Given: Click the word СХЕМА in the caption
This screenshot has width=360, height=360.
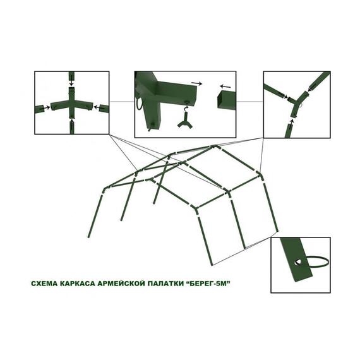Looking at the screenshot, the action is pyautogui.click(x=44, y=284).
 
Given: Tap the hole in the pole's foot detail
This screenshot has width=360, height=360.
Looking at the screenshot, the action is pyautogui.click(x=299, y=261).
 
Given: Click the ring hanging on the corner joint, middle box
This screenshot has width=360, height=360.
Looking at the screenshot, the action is pyautogui.click(x=138, y=104).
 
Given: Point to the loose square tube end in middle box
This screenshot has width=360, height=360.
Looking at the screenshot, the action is pyautogui.click(x=226, y=100).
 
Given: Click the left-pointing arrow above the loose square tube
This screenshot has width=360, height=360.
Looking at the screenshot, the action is pyautogui.click(x=225, y=87).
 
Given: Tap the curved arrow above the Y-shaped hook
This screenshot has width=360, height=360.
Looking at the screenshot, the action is pyautogui.click(x=186, y=107).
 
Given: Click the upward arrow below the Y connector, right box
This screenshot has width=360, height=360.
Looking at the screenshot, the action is pyautogui.click(x=292, y=123).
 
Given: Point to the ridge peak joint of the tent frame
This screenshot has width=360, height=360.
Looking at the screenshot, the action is pyautogui.click(x=215, y=147).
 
